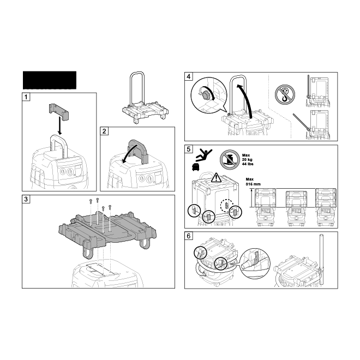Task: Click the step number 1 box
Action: click(x=26, y=97)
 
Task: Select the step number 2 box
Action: click(x=104, y=131)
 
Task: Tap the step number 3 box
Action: click(x=26, y=199)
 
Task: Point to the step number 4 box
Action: click(x=189, y=76)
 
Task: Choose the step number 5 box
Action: click(x=189, y=149)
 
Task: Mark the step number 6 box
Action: click(x=189, y=236)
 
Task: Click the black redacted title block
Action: click(x=50, y=80)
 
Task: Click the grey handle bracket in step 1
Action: click(x=59, y=112)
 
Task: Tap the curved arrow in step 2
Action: click(x=129, y=153)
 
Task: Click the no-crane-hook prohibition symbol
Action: click(x=285, y=94)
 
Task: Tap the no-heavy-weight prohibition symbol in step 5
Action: click(x=230, y=160)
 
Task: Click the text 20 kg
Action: click(x=247, y=160)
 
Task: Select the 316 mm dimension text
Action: click(x=253, y=184)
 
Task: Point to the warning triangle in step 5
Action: click(x=216, y=178)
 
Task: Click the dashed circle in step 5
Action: click(x=227, y=205)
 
